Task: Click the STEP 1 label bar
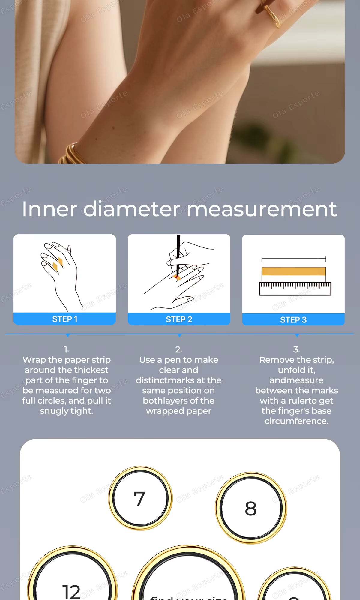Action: click(64, 319)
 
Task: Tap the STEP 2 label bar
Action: click(179, 319)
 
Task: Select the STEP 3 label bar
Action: click(293, 320)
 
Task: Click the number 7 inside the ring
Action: click(139, 499)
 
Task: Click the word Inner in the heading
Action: click(49, 209)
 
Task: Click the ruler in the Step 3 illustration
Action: click(295, 289)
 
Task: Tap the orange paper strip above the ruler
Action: click(294, 271)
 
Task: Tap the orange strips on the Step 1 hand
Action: click(58, 264)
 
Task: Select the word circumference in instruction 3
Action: click(296, 421)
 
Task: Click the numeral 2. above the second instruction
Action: click(178, 349)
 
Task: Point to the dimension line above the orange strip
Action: click(294, 259)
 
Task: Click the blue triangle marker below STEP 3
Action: click(297, 335)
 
